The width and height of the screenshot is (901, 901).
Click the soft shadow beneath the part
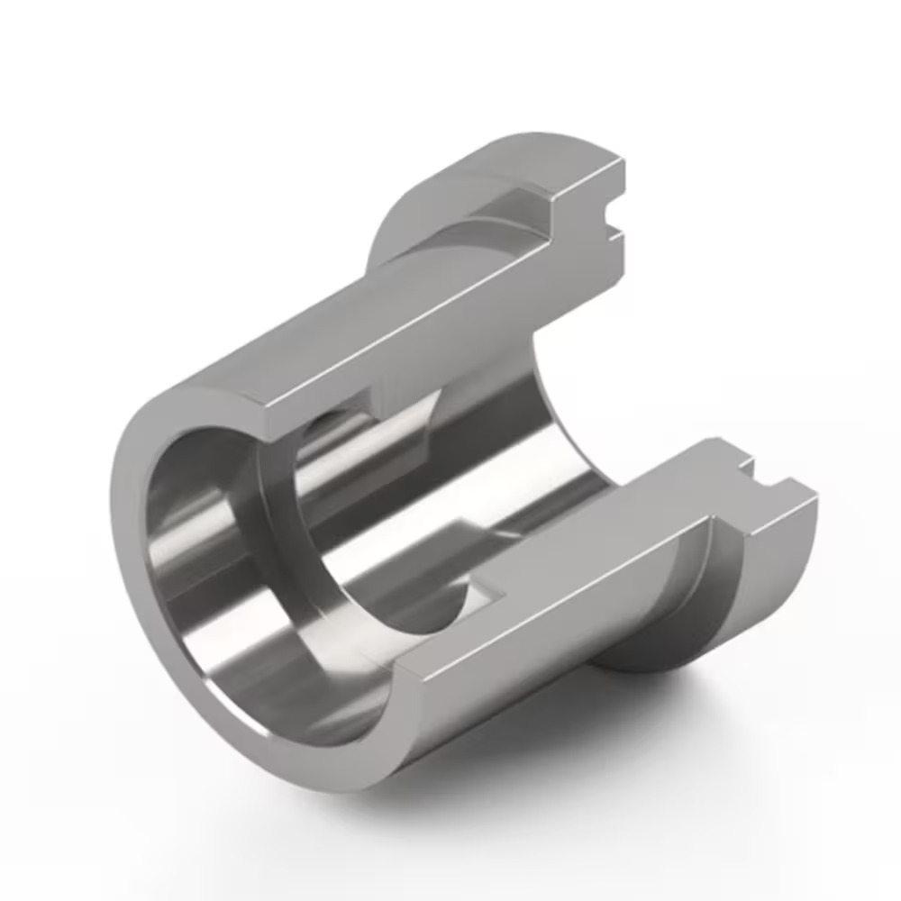pos(541,766)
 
